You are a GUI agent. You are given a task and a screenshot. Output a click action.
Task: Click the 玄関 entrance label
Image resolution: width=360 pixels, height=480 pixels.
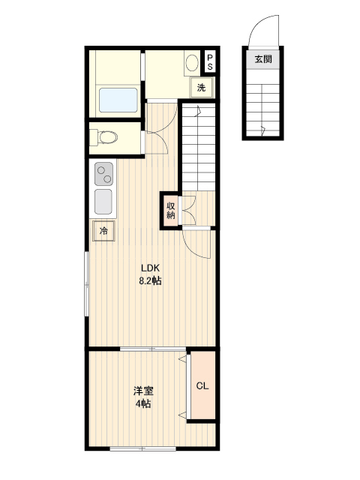click(263, 58)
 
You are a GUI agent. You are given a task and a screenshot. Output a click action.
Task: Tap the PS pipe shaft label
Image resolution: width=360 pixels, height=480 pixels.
click(210, 61)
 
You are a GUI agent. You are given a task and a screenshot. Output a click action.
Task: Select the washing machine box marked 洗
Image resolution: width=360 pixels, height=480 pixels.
click(201, 88)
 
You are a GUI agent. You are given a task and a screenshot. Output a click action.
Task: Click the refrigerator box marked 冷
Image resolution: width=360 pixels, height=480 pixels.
click(103, 230)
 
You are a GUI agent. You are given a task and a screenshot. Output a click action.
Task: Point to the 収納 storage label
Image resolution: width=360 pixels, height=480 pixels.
click(170, 210)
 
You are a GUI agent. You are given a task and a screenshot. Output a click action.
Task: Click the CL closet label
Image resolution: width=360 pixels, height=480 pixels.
click(202, 386)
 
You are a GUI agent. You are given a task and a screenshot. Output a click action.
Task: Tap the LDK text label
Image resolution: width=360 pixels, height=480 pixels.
click(150, 268)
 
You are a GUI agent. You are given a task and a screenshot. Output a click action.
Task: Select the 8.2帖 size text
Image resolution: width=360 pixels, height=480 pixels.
click(150, 280)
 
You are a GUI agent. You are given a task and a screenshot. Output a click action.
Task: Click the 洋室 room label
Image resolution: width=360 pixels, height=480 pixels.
click(143, 391)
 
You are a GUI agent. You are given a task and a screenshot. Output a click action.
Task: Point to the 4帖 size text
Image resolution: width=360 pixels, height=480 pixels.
click(143, 403)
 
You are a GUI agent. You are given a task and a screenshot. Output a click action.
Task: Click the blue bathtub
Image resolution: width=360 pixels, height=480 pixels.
click(118, 100)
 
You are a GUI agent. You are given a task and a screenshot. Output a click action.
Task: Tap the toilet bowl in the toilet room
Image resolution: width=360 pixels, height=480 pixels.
click(108, 137)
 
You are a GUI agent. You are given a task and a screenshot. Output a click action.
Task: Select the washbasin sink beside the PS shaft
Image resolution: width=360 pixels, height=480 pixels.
click(192, 63)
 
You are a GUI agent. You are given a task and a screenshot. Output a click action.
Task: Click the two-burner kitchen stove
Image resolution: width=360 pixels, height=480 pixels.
click(103, 174)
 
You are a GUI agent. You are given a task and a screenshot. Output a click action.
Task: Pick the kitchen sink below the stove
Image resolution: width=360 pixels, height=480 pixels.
click(103, 202)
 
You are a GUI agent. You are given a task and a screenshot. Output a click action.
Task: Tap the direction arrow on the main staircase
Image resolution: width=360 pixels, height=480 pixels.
click(198, 111)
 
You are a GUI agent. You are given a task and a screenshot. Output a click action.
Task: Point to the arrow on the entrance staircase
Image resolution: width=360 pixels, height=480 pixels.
click(262, 130)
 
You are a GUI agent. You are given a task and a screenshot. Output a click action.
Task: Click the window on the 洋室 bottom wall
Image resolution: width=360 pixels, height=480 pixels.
click(143, 448)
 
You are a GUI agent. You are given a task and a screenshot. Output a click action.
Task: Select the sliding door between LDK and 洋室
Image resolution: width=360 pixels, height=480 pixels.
click(153, 349)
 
